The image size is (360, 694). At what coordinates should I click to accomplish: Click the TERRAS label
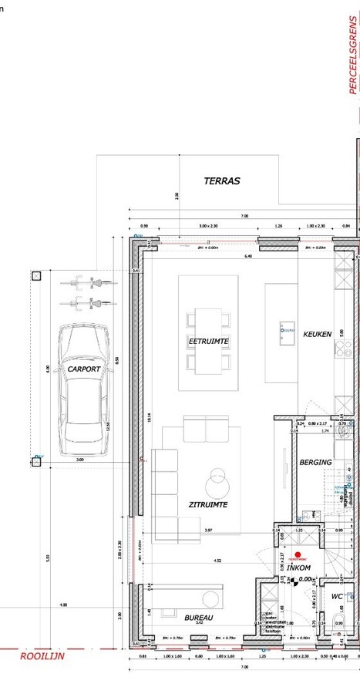[222, 181]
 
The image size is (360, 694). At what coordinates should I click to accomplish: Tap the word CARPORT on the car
[84, 369]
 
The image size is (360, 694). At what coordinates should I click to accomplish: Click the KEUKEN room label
[317, 334]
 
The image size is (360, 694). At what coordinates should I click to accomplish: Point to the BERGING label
[315, 462]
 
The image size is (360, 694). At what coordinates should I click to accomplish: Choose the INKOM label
[298, 568]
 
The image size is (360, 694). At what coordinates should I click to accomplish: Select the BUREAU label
[199, 618]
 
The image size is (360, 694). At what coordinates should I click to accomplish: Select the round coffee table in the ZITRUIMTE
[219, 483]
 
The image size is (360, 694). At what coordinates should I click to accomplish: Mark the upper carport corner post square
[36, 276]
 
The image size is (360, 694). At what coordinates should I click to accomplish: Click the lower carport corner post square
[36, 461]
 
